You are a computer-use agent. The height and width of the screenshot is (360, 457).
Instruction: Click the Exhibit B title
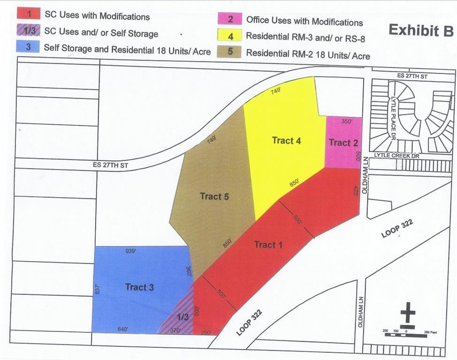(x=420, y=30)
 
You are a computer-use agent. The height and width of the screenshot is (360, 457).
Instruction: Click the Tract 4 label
(x=286, y=140)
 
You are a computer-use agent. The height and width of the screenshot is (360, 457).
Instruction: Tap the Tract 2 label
(x=343, y=142)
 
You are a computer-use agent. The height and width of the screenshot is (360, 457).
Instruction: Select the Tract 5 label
(x=214, y=196)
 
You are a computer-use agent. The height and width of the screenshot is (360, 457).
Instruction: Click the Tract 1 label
(x=265, y=244)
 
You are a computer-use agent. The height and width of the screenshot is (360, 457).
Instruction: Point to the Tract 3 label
(x=139, y=287)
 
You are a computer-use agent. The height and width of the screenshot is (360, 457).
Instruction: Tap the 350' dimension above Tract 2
(x=347, y=121)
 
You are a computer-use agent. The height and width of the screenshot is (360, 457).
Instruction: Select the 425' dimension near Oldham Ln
(x=355, y=191)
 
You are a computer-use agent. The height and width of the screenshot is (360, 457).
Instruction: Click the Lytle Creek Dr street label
(x=394, y=155)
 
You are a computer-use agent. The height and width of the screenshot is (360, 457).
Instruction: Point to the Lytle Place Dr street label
(x=394, y=112)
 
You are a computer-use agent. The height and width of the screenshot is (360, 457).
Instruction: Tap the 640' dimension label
(x=123, y=329)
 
